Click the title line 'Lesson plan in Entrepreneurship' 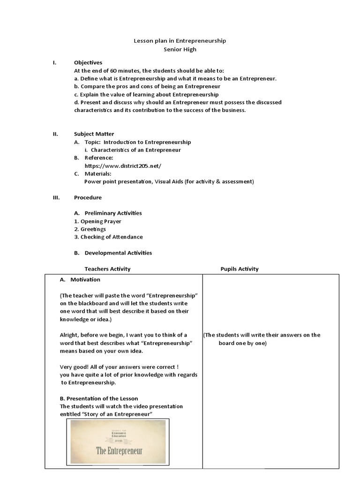180,41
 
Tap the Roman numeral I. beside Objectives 54,62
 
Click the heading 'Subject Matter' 94,134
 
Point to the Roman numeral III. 56,197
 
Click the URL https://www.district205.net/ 123,166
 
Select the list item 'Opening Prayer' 101,221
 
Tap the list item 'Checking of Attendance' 112,237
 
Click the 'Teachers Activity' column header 107,269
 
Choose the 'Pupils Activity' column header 240,269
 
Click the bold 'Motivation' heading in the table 85,279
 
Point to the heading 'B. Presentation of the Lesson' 99,398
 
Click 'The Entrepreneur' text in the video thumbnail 119,451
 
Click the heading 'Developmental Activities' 118,253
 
